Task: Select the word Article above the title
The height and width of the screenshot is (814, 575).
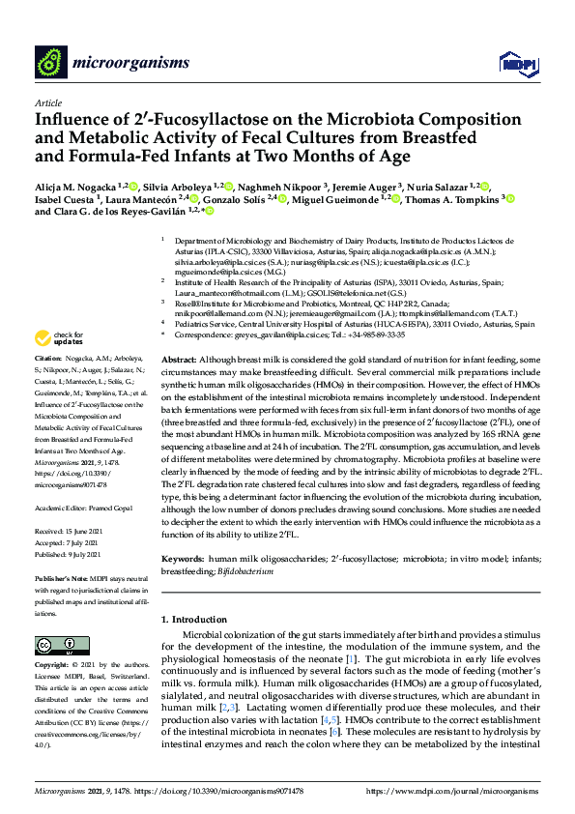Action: [47, 102]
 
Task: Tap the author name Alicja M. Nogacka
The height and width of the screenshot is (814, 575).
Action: [76, 186]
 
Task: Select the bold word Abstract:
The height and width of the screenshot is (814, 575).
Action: [179, 357]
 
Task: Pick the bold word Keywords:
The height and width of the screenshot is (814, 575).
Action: [184, 559]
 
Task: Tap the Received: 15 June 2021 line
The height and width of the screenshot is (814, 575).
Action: [70, 504]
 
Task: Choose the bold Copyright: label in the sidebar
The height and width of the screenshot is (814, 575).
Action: [53, 666]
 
